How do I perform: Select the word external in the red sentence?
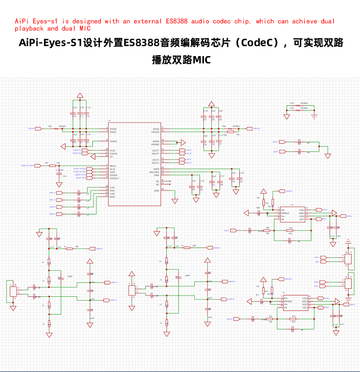click(x=146, y=21)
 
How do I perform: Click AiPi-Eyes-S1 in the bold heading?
click(x=50, y=43)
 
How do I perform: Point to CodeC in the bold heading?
click(x=258, y=43)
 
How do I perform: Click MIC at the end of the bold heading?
click(x=201, y=60)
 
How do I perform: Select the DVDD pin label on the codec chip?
click(x=113, y=129)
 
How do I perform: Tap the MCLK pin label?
click(x=113, y=166)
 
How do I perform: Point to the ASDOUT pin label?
click(x=115, y=178)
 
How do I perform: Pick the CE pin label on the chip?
click(x=111, y=156)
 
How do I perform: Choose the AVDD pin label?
click(x=156, y=129)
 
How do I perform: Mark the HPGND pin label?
click(x=155, y=144)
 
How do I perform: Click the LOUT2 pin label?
click(x=156, y=160)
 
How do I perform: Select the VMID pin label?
click(x=156, y=169)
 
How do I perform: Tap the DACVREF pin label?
click(x=154, y=172)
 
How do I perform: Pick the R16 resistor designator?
click(x=292, y=103)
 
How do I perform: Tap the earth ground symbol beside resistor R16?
click(x=314, y=116)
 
